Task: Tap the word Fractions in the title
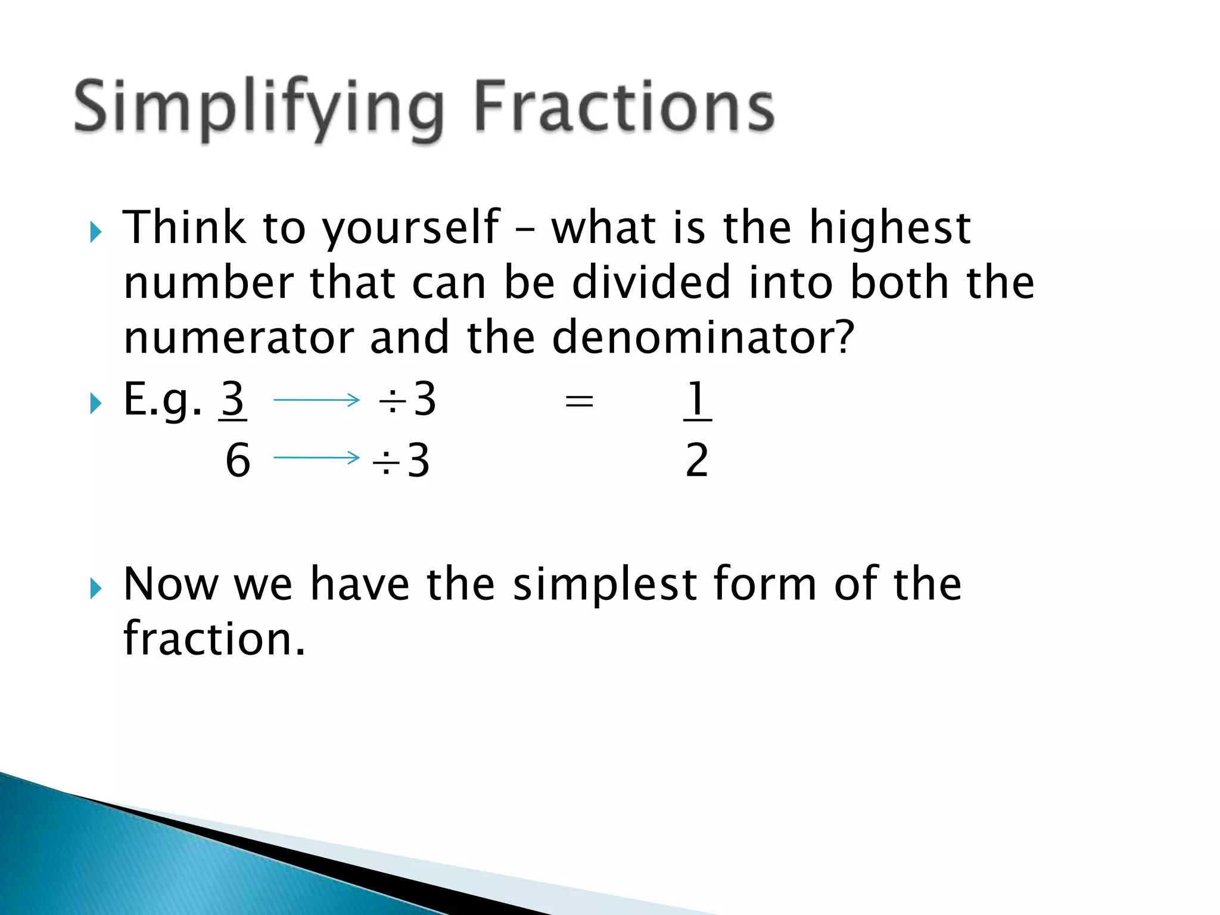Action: pos(624,107)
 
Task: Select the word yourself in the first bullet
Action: pos(411,228)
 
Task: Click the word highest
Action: pos(890,228)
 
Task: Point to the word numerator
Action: pos(238,338)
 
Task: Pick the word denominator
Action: pos(695,338)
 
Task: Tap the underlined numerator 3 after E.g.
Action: pos(233,400)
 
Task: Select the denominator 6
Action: pos(238,460)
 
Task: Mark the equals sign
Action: pos(579,401)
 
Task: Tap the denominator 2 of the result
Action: pos(697,460)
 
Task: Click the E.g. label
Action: pos(162,401)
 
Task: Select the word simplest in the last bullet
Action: pos(605,585)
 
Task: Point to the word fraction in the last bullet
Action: pos(214,639)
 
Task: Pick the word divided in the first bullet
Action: pos(651,282)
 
